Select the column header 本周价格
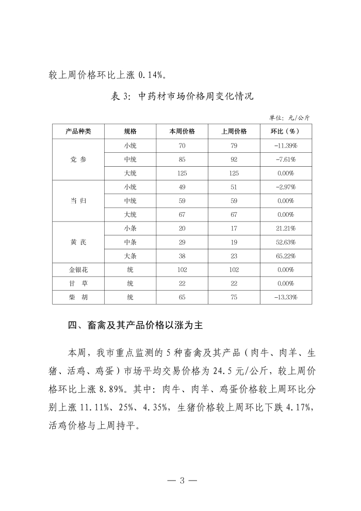(182, 131)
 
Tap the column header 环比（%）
(285, 131)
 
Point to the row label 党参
(78, 159)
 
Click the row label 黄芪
(78, 242)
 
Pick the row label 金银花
(78, 269)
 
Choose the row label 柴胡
(78, 297)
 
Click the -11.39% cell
(285, 146)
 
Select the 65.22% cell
(285, 255)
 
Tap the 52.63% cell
(285, 242)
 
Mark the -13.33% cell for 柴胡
(285, 297)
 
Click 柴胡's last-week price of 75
(234, 297)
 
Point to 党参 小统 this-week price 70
(182, 146)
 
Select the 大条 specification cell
(130, 255)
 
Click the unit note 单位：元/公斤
(289, 118)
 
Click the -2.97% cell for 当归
(285, 187)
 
